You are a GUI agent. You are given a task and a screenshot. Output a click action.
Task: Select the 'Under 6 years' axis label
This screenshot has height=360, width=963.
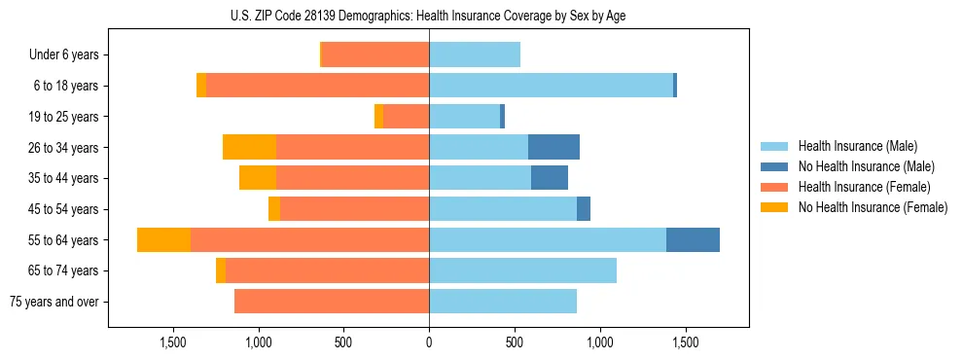(64, 54)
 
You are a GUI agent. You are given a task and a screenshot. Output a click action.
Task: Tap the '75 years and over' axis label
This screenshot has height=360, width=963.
(54, 302)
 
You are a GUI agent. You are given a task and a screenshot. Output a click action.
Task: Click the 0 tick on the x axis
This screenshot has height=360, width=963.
(429, 342)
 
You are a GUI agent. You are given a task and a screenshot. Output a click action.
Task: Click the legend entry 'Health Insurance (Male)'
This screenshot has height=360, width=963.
(857, 146)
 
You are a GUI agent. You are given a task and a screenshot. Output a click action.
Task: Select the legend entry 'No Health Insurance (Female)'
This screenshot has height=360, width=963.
(873, 207)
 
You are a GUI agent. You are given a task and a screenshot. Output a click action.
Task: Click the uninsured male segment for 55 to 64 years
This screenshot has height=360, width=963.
(693, 239)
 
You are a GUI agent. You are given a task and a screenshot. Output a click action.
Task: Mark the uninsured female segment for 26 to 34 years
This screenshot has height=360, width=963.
(249, 147)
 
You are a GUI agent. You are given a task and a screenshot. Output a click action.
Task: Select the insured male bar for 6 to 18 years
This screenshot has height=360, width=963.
(551, 86)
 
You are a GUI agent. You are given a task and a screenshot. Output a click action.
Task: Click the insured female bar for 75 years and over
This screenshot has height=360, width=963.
(332, 302)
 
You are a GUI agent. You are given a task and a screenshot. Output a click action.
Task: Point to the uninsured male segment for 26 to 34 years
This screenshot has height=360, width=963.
(553, 147)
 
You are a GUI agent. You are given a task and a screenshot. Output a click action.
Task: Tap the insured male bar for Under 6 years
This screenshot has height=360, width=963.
(475, 54)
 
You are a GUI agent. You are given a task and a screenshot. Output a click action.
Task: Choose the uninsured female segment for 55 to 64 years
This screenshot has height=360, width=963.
(163, 239)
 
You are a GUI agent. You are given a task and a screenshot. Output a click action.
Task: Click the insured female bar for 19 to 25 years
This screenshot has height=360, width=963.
(406, 117)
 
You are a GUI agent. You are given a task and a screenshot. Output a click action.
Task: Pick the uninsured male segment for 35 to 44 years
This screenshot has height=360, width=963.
(550, 178)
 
